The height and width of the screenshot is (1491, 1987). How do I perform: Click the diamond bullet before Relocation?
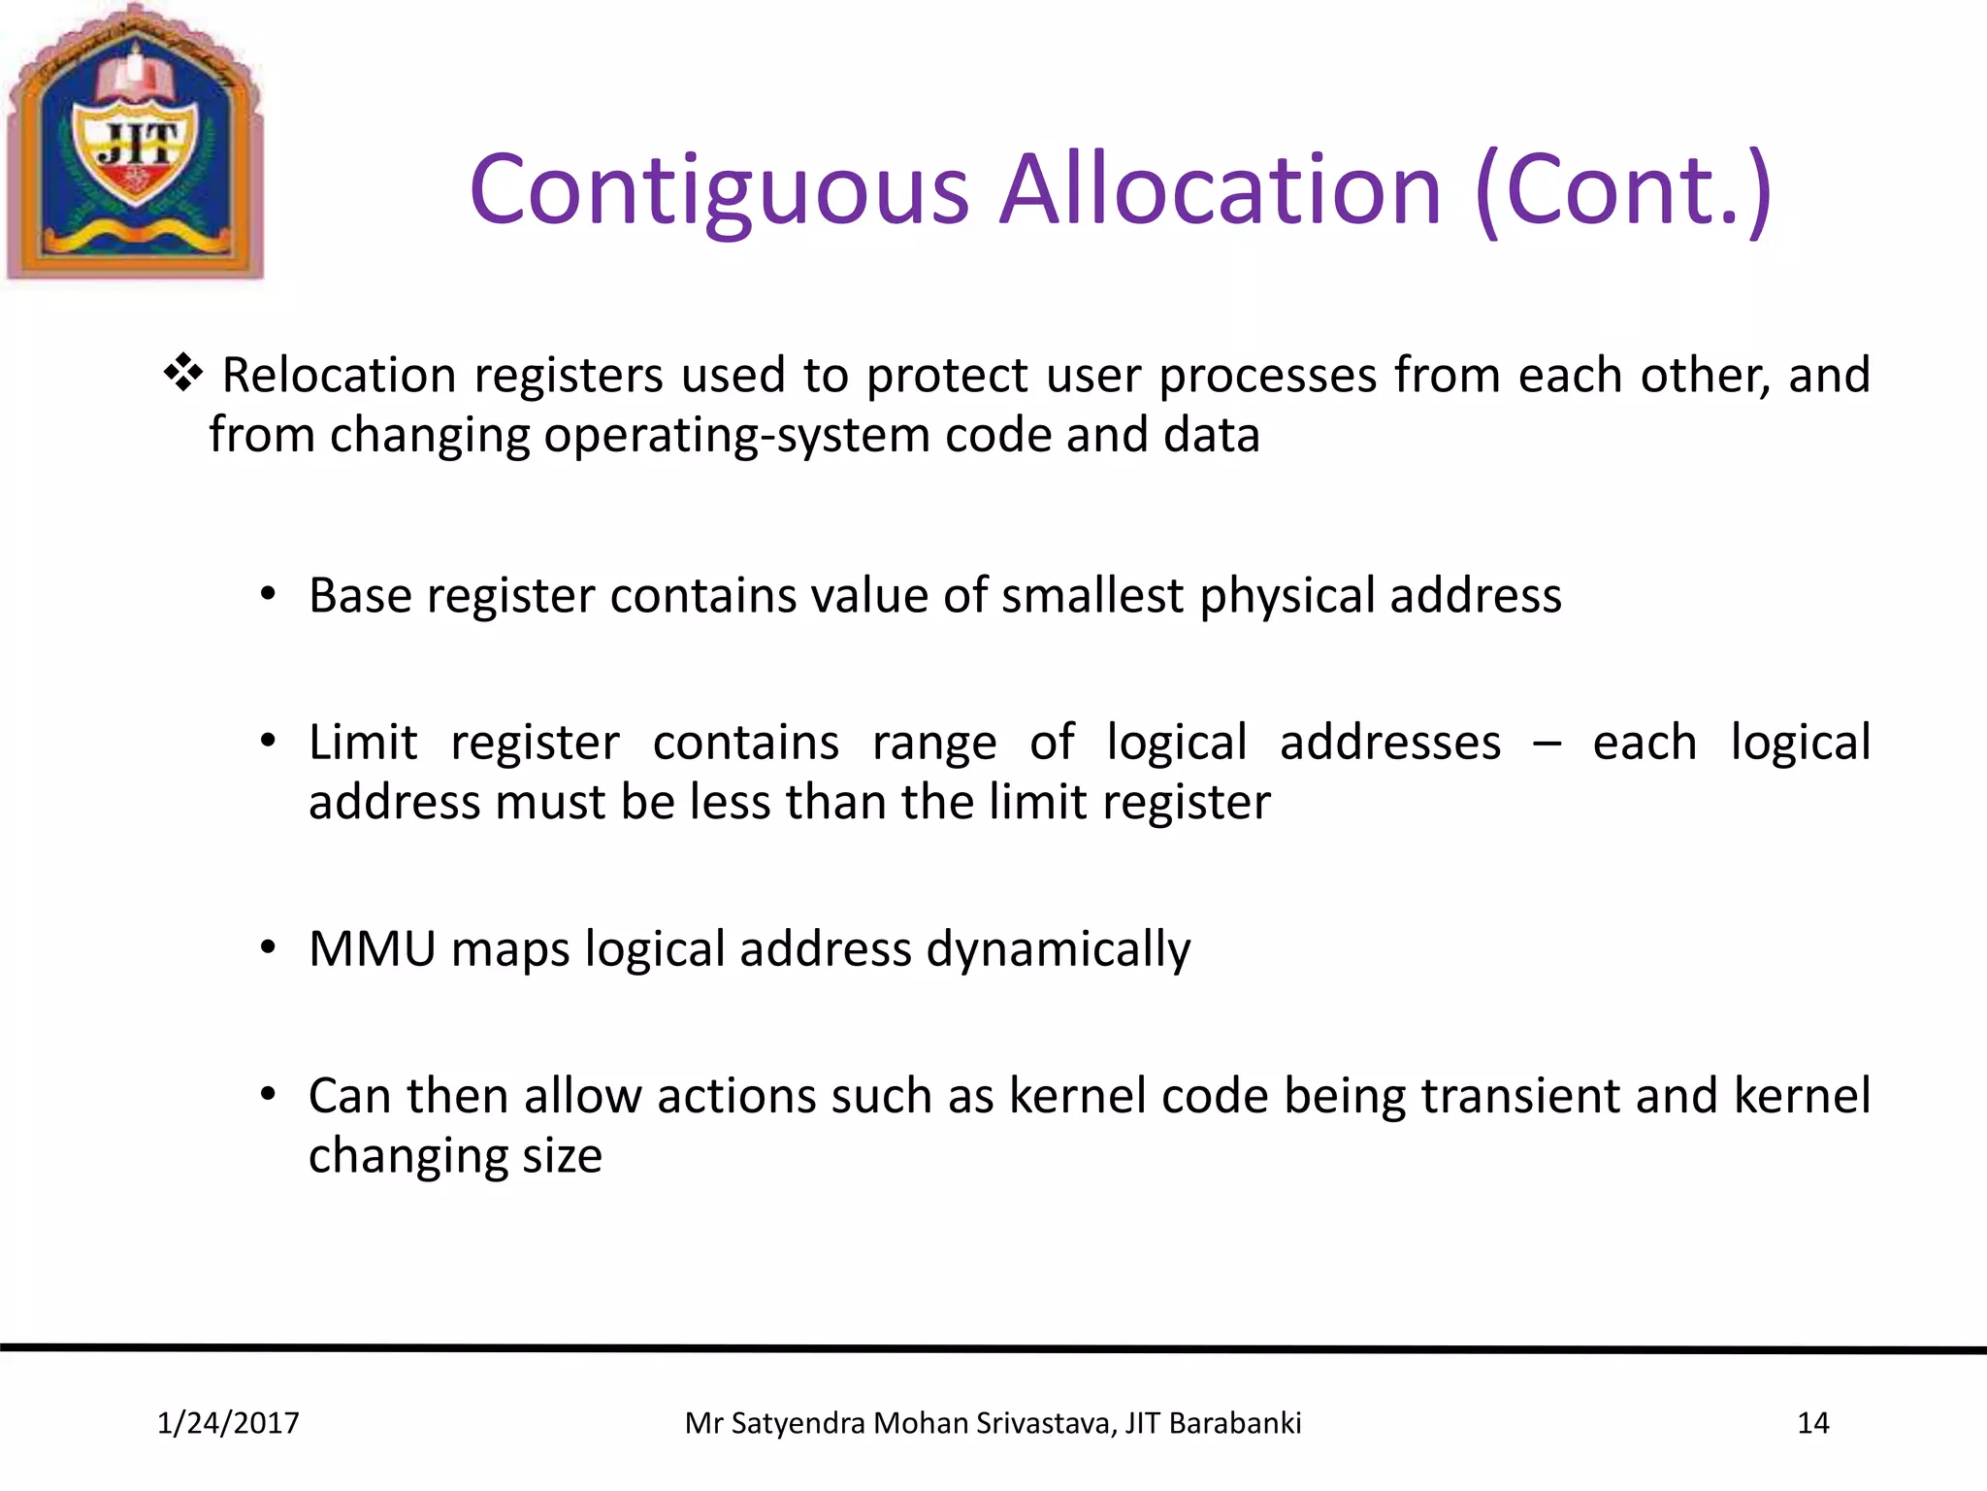point(183,374)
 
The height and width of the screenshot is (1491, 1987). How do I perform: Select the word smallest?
point(1092,595)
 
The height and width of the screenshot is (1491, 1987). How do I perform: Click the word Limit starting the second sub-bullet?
point(363,743)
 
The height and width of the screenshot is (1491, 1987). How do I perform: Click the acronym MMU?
point(373,949)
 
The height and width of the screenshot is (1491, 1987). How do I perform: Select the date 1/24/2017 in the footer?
point(228,1423)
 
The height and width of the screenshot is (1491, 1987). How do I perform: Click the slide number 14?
point(1812,1423)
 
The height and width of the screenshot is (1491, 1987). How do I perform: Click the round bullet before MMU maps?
point(269,947)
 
